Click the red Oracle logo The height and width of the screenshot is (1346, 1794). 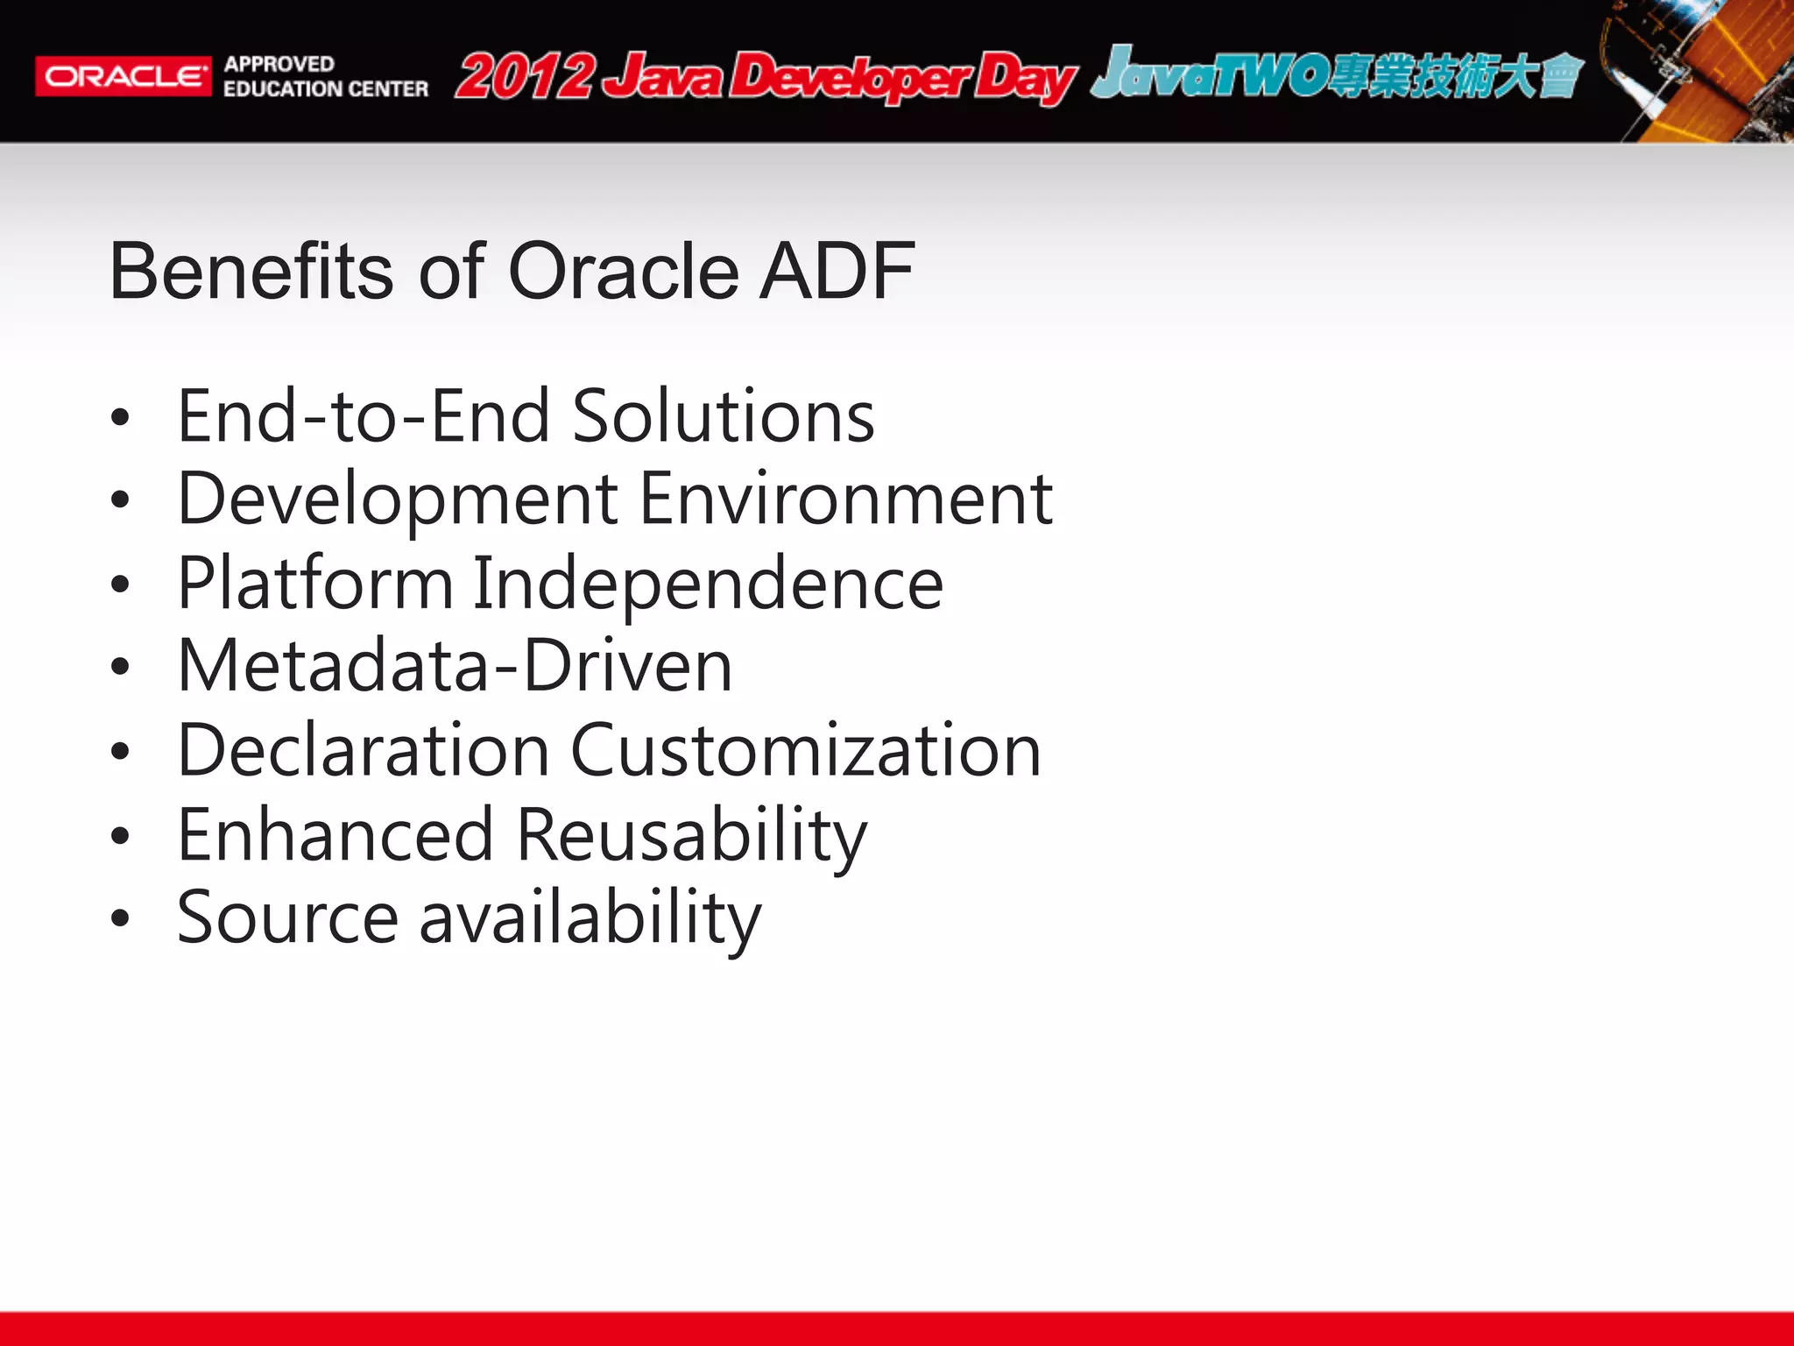[x=123, y=77]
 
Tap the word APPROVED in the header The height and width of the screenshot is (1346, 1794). [x=279, y=64]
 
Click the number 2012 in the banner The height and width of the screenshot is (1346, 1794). [x=526, y=77]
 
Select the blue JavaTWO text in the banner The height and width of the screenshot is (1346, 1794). [x=1209, y=74]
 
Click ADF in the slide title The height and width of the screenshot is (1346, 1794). [x=837, y=272]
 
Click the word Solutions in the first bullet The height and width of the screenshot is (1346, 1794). [x=723, y=416]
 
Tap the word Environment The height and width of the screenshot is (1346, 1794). [x=846, y=499]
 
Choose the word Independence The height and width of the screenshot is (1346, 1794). [x=708, y=584]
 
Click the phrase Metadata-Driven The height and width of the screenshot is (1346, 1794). [x=455, y=666]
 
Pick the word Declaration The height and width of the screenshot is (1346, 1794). [x=364, y=751]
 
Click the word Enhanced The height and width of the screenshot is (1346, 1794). [x=335, y=835]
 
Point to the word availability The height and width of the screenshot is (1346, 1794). [x=590, y=918]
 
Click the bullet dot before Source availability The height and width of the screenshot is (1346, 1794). [x=120, y=918]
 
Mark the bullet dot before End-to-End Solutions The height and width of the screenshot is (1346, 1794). [x=120, y=417]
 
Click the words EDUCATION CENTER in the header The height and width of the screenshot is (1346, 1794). [x=326, y=89]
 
